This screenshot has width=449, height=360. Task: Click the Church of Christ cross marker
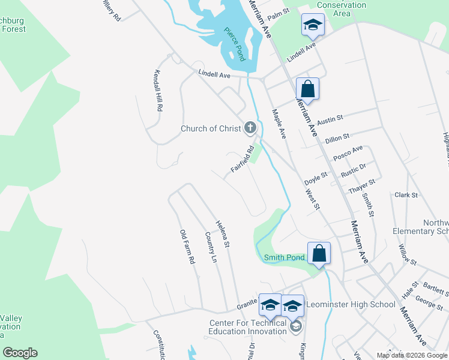[x=250, y=128]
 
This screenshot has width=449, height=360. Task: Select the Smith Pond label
[x=285, y=257]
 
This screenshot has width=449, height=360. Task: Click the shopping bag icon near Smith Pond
[x=319, y=253]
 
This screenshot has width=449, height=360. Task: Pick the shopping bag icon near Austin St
[x=307, y=89]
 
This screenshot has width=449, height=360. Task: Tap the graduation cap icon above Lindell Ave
[x=312, y=25]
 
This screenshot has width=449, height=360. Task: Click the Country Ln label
[x=210, y=248]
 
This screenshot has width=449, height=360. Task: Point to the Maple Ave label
[x=279, y=124]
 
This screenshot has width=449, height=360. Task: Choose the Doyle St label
[x=315, y=178]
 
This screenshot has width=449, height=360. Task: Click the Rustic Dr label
[x=353, y=170]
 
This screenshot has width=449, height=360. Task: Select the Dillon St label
[x=337, y=138]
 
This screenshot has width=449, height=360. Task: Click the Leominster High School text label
[x=351, y=304]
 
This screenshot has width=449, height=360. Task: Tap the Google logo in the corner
[x=20, y=353]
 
